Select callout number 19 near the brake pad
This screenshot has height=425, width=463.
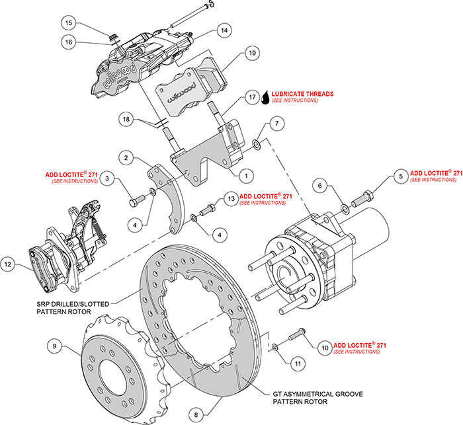click(252, 53)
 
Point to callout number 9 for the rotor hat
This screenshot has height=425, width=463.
click(56, 344)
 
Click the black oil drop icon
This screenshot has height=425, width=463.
click(265, 98)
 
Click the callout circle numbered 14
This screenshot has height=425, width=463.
click(224, 30)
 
